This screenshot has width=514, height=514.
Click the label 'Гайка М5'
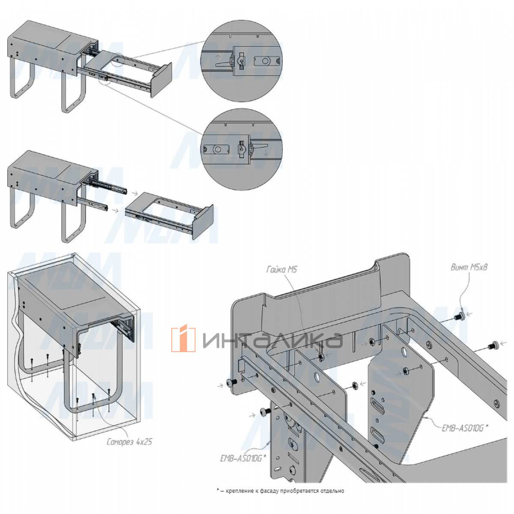tap(281, 270)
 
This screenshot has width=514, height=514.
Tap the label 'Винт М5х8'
tap(469, 267)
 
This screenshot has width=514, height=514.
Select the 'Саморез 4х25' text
tap(129, 442)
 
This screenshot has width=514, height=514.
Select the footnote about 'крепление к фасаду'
tap(281, 491)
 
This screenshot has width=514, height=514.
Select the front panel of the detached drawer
tap(203, 221)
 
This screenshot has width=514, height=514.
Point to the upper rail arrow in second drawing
tap(134, 193)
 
